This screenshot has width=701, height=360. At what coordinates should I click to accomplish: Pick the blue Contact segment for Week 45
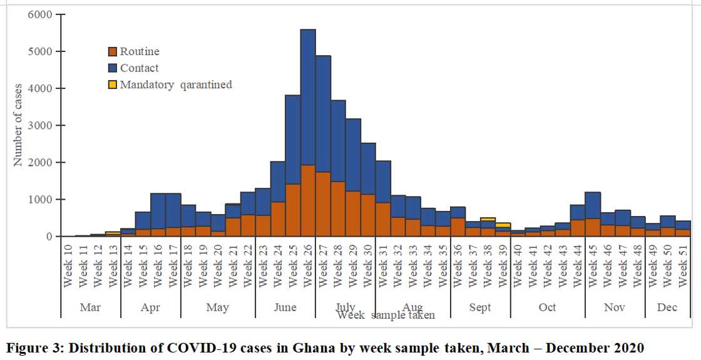(x=592, y=205)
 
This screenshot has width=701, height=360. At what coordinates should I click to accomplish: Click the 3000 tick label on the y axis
(x=41, y=125)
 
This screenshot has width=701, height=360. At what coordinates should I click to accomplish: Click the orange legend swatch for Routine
(x=113, y=52)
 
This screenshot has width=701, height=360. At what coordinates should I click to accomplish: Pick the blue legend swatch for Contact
(x=113, y=68)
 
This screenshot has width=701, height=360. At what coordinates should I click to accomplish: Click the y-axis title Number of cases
(x=18, y=125)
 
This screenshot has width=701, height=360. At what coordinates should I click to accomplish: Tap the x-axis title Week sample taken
(x=386, y=315)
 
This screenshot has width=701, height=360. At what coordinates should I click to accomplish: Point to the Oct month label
(x=547, y=307)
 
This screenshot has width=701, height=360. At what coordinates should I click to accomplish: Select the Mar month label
(x=90, y=307)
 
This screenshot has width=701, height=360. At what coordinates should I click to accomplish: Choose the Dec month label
(x=667, y=307)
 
